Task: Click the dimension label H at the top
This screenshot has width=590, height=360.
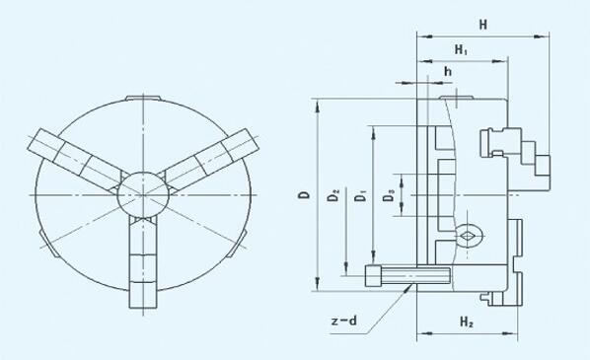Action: point(483,25)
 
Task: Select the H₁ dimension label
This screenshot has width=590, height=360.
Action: point(461,49)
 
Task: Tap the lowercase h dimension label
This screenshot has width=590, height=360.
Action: point(447,71)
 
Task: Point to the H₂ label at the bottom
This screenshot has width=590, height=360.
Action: point(467,322)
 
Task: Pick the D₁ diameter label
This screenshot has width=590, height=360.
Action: point(361,195)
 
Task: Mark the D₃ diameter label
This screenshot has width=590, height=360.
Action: point(389,195)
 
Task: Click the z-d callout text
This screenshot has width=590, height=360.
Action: point(343,321)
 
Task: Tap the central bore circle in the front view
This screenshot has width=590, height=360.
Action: point(143,195)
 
